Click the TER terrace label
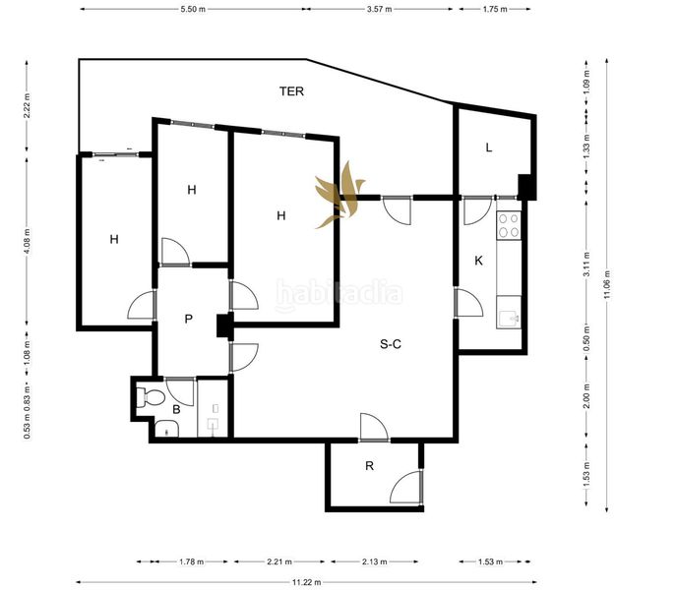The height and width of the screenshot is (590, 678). pyautogui.click(x=291, y=91)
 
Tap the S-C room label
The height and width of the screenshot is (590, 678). pyautogui.click(x=391, y=344)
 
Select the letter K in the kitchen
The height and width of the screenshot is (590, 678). pyautogui.click(x=478, y=261)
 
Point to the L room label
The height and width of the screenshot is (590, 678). pyautogui.click(x=489, y=147)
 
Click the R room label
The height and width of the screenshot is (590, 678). pyautogui.click(x=369, y=466)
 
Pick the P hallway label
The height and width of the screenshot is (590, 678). pyautogui.click(x=189, y=319)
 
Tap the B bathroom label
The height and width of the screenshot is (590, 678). pyautogui.click(x=176, y=409)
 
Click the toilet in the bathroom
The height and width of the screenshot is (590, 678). pyautogui.click(x=150, y=397)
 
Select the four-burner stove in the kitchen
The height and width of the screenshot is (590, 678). pyautogui.click(x=509, y=225)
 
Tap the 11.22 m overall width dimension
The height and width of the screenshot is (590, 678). pyautogui.click(x=306, y=582)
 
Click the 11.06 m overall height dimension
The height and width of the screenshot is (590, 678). pyautogui.click(x=607, y=284)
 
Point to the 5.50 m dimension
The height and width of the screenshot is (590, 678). pyautogui.click(x=193, y=9)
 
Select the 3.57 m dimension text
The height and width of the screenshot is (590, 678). pyautogui.click(x=379, y=9)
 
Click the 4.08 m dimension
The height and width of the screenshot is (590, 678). pyautogui.click(x=27, y=241)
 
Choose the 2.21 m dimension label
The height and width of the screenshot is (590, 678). pyautogui.click(x=278, y=561)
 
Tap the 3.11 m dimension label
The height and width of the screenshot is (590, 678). pyautogui.click(x=586, y=265)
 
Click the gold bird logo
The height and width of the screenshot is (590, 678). pyautogui.click(x=340, y=195)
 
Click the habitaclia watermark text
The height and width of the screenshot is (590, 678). pyautogui.click(x=339, y=295)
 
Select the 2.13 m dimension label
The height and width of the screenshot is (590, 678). pyautogui.click(x=375, y=561)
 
